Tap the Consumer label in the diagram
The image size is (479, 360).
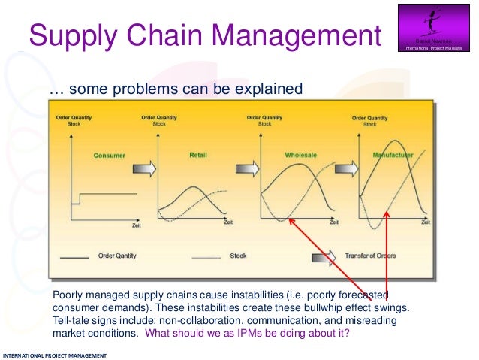click(x=109, y=156)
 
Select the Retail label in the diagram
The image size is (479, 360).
click(x=198, y=155)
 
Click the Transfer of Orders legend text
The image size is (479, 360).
click(x=369, y=256)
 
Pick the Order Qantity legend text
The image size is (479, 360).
click(x=117, y=256)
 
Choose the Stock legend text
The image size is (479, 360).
click(x=238, y=256)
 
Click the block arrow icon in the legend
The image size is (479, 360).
click(x=324, y=256)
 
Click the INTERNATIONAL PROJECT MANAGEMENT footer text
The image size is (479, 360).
click(x=55, y=355)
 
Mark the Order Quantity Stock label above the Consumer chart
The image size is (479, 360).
click(x=73, y=120)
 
